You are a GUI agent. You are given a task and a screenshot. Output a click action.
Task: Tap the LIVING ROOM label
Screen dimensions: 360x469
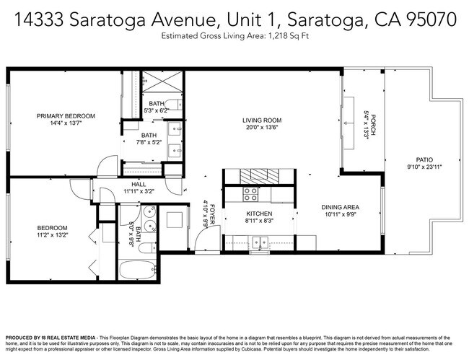tap(261, 120)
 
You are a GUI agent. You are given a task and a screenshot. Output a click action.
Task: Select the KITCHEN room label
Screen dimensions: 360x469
tap(258, 214)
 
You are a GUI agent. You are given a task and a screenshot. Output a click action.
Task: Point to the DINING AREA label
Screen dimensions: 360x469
tap(340, 208)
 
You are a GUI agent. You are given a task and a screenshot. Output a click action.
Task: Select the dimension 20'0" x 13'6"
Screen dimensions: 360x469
tap(261, 128)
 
